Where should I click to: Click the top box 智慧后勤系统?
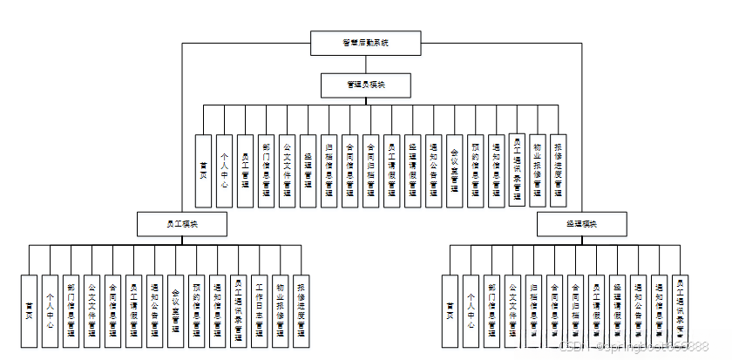pos(366,42)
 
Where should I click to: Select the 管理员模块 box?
pos(366,85)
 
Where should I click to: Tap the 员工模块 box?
pos(182,224)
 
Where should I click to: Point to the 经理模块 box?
pos(580,224)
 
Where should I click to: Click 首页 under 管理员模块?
pos(203,171)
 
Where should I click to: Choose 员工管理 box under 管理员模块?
pos(246,171)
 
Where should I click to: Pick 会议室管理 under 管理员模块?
pos(454,171)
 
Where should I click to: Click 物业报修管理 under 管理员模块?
pos(538,171)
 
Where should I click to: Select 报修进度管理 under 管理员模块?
pos(559,171)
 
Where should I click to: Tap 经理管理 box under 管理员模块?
pos(308,171)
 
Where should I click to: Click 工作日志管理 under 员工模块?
pos(259,311)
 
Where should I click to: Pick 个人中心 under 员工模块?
pos(51,311)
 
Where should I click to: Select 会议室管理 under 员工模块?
pos(175,311)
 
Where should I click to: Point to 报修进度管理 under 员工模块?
pos(301,311)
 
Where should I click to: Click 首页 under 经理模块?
pos(450,311)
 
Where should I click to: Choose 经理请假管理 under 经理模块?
pos(617,311)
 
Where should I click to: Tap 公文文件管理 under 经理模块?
pos(512,311)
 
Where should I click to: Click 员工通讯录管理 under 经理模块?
pos(680,311)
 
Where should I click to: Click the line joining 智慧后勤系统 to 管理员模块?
pos(366,63)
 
